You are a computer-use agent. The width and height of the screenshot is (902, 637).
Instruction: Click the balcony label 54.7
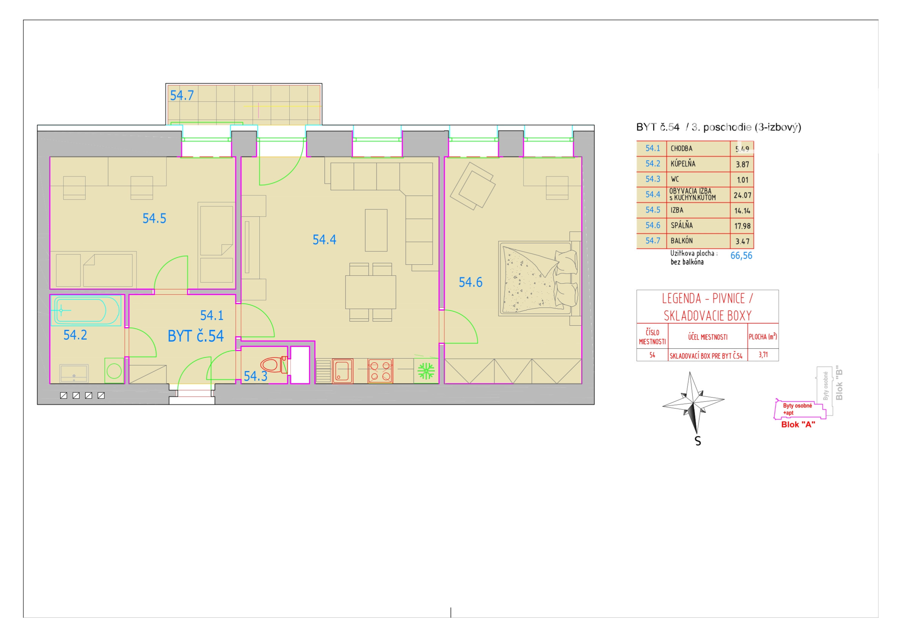(182, 95)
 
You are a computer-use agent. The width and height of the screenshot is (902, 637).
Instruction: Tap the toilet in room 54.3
(274, 365)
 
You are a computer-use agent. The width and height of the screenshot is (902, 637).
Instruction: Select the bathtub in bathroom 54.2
(86, 311)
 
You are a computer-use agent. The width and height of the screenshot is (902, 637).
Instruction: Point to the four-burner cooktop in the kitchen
(380, 371)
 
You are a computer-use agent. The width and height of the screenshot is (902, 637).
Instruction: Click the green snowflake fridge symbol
(426, 371)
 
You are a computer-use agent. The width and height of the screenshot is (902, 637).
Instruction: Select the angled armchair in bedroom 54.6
(472, 186)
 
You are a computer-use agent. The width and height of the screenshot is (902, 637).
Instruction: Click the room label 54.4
(325, 240)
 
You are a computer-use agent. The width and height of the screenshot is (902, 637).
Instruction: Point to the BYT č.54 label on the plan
(196, 336)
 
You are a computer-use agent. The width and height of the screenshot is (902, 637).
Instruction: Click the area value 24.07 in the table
(742, 195)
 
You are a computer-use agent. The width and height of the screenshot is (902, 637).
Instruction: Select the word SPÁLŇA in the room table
(682, 225)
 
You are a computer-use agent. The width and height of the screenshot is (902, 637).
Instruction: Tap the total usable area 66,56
(741, 256)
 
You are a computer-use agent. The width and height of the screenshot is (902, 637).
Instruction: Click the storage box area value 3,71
(763, 355)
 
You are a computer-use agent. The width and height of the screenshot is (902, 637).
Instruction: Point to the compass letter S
(698, 441)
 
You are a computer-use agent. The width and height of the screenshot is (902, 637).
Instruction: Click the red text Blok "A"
(798, 424)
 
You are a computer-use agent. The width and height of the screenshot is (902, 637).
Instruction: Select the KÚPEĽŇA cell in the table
(683, 164)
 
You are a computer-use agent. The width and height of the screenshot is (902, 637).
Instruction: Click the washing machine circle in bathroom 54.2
(114, 370)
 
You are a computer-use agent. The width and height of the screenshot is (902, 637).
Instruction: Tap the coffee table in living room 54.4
(376, 230)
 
